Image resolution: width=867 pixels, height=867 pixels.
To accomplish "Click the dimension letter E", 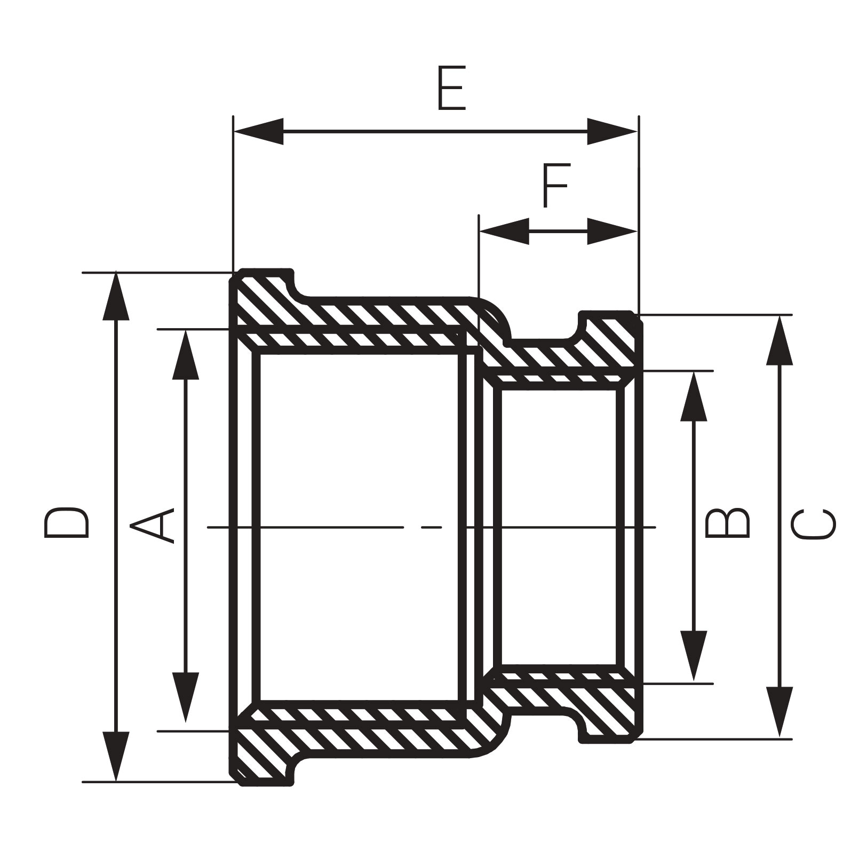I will [451, 89].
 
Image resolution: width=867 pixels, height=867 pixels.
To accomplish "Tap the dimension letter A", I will [153, 525].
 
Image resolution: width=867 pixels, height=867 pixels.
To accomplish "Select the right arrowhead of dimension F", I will [613, 231].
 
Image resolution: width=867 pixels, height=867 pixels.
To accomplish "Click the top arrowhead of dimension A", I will [186, 355].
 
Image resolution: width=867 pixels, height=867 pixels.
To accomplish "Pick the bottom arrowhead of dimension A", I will [186, 697].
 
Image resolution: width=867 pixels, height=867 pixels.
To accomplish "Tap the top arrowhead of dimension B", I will [694, 396].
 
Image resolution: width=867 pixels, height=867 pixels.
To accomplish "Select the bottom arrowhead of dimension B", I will [694, 656].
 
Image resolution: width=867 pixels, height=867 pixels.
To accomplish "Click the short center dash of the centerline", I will [432, 527].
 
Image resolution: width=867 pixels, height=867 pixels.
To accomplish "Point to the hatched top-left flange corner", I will [261, 293].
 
